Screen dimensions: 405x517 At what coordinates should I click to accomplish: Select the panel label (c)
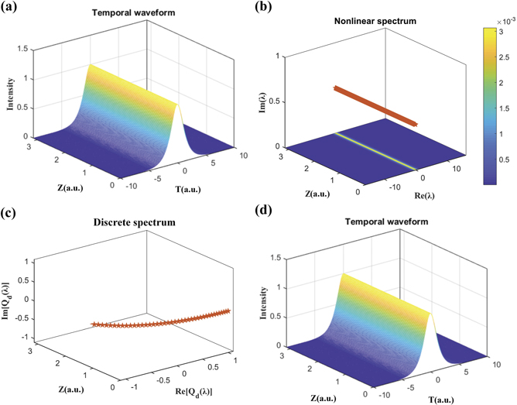(14, 212)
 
